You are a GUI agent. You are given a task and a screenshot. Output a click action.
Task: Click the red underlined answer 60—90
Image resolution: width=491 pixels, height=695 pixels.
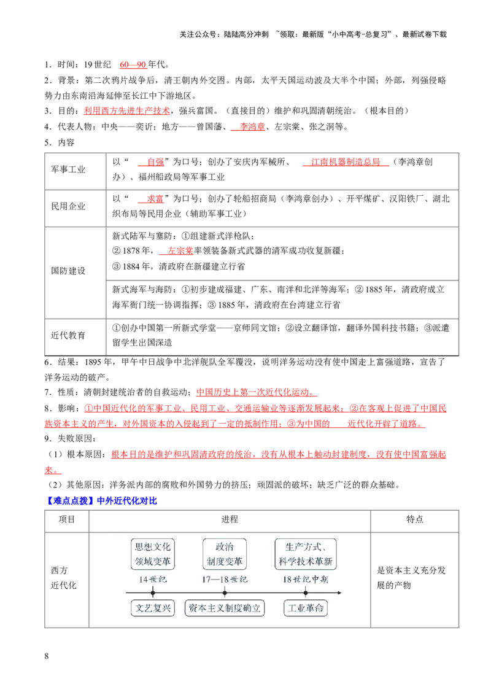click(133, 64)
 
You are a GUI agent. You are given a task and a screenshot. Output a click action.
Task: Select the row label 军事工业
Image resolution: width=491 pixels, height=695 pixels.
click(68, 169)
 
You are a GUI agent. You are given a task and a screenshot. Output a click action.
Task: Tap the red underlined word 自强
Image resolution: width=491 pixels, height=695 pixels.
click(155, 162)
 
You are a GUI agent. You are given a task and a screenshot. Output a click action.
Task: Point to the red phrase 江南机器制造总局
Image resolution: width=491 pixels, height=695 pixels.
click(346, 162)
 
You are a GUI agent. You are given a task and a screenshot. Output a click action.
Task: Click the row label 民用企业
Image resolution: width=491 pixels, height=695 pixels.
click(68, 206)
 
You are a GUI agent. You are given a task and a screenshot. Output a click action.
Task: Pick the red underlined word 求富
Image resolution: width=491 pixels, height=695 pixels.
click(155, 198)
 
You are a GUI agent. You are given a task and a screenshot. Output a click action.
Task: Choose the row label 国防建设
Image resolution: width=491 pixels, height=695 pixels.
click(68, 271)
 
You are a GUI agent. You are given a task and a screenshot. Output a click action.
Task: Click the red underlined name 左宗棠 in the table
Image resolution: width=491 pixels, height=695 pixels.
click(180, 251)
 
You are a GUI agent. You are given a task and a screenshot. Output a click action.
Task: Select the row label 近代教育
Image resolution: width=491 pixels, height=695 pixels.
click(68, 336)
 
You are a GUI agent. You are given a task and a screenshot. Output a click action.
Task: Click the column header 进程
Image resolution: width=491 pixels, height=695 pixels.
click(230, 519)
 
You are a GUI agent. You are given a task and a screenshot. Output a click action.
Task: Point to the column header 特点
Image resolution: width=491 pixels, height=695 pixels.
click(415, 519)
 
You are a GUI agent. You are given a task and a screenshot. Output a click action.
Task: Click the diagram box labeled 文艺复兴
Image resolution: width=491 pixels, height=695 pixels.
click(153, 608)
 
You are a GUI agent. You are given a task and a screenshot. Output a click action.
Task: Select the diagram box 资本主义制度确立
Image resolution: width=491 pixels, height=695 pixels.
click(225, 608)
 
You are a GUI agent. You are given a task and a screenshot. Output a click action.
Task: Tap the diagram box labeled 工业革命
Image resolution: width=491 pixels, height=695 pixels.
click(306, 608)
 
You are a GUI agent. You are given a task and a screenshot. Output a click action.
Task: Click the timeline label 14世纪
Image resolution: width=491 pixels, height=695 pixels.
click(153, 580)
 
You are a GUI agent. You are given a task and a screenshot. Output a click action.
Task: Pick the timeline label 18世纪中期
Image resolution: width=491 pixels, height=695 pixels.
click(306, 580)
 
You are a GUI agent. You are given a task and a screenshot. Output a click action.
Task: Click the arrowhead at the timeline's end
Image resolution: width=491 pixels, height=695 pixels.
click(341, 592)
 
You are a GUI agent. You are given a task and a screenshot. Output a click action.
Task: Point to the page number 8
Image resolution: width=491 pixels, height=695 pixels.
click(47, 656)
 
